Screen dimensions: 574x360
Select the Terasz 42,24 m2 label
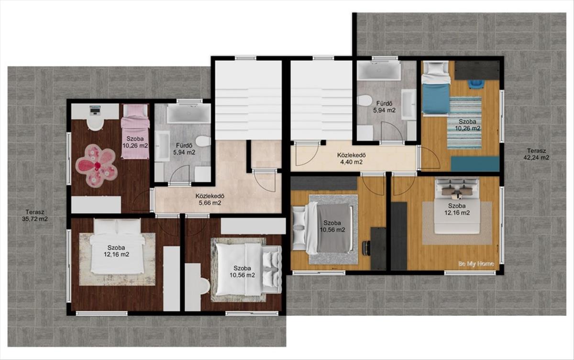click(536, 154)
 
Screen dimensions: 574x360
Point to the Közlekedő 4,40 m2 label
click(351, 158)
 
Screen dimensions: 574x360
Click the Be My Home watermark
click(476, 264)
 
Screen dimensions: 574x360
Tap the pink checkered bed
click(135, 131)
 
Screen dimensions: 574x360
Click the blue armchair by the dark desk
click(476, 84)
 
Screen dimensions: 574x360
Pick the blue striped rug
click(464, 123)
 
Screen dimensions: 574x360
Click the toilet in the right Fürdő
click(364, 101)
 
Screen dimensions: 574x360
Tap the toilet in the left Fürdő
click(203, 141)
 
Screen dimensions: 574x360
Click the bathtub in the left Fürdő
click(189, 114)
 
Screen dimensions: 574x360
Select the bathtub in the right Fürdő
click(379, 70)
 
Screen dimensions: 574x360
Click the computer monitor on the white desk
click(95, 110)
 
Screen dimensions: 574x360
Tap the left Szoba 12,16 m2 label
click(116, 251)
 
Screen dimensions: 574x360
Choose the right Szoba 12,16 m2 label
click(457, 209)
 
